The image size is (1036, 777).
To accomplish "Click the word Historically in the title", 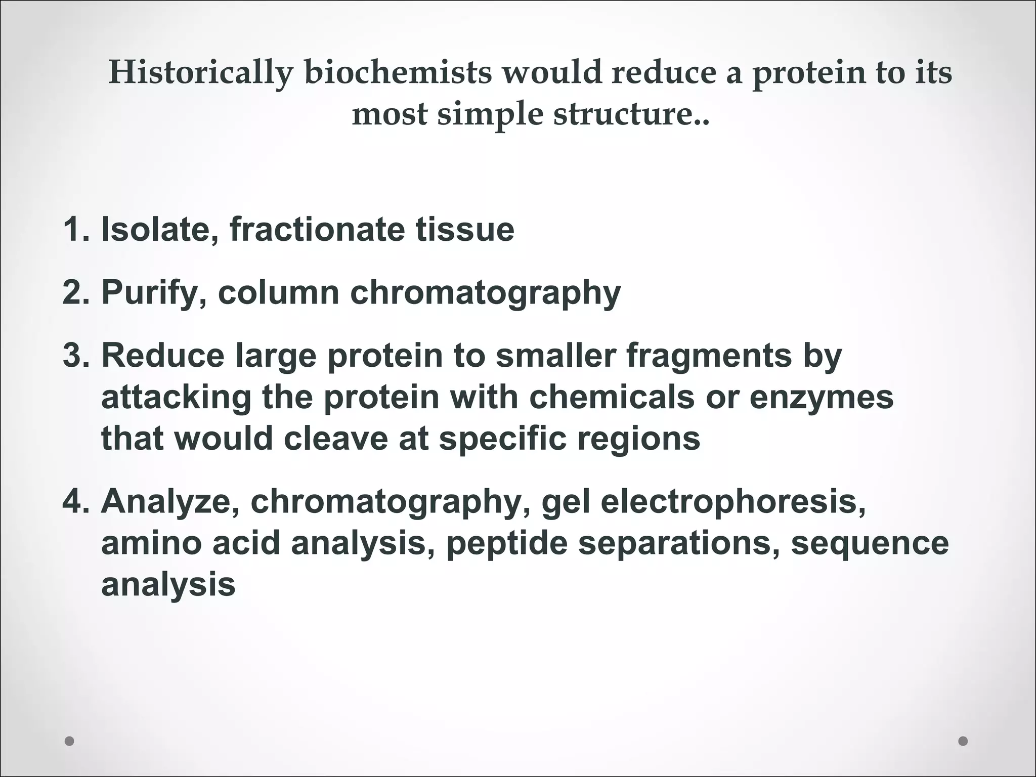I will coord(200,73).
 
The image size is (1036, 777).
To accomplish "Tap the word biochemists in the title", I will coord(398,73).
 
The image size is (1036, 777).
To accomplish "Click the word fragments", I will coord(709,356).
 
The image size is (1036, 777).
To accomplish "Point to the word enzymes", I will coord(821,398).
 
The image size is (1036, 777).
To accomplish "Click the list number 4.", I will coord(76,502).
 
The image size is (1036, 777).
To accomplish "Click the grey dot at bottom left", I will coord(70,741).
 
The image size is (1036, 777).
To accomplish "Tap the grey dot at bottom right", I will coord(963,741).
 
